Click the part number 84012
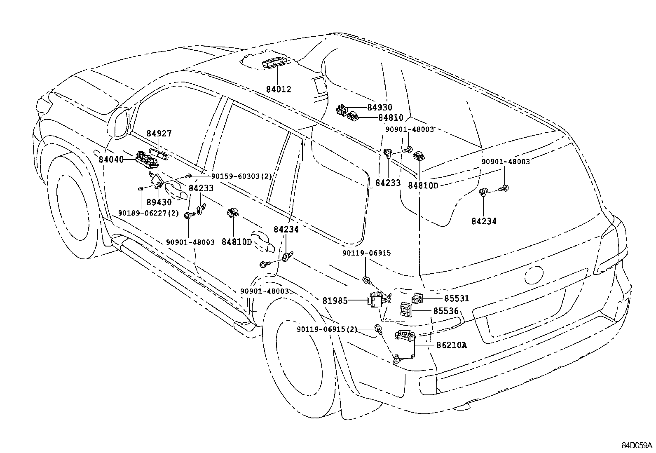point(278,89)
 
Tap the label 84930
point(379,108)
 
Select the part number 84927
point(159,134)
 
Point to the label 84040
point(111,159)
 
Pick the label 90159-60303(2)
point(241,176)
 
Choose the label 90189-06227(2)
point(148,213)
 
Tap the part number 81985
point(335,301)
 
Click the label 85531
point(457,298)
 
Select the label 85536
point(445,312)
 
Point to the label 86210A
point(451,345)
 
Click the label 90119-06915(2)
point(327,329)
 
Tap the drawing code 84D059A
point(637,445)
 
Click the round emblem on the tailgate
point(535,275)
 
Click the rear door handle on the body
point(266,246)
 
